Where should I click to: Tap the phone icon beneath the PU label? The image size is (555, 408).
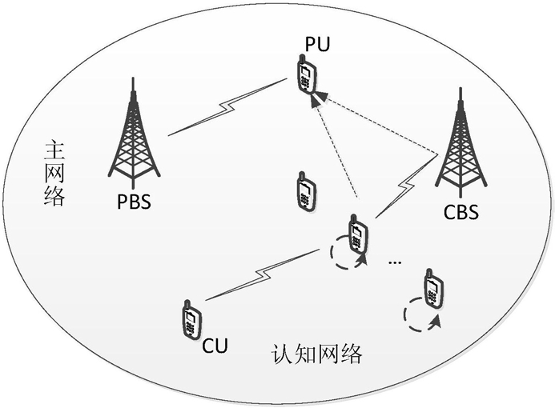tap(306, 74)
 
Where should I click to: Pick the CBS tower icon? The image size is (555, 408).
tap(460, 148)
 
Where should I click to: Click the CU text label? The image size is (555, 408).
tap(215, 346)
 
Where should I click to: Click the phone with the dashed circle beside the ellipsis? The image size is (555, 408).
tap(357, 234)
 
